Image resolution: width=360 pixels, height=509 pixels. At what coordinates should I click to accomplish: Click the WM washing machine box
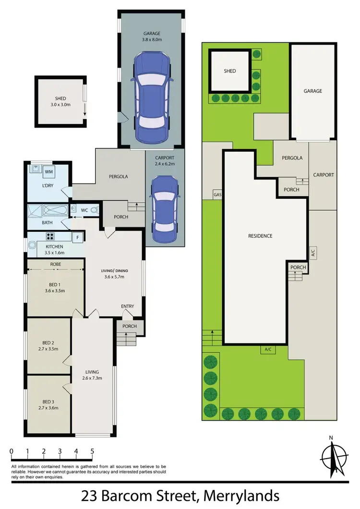pos(49,171)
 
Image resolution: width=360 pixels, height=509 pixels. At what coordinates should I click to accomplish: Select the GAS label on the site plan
pos(217,195)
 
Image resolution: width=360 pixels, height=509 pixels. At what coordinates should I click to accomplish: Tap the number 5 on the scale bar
pos(92,451)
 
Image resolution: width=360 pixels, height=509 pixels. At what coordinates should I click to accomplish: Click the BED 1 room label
pos(48,283)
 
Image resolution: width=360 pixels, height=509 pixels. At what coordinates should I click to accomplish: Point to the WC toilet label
pos(84,210)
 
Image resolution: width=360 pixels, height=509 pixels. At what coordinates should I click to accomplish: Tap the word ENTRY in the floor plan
pos(128,306)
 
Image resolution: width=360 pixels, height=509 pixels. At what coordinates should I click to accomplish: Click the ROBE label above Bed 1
pos(55,264)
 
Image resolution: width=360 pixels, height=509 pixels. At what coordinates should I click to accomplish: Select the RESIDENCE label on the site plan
pos(260,236)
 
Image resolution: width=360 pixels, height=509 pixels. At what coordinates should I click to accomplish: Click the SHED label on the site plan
pos(230,71)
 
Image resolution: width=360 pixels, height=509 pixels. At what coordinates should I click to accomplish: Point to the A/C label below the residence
pos(268,349)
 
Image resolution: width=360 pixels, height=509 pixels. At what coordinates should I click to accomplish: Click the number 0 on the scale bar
pos(11,451)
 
